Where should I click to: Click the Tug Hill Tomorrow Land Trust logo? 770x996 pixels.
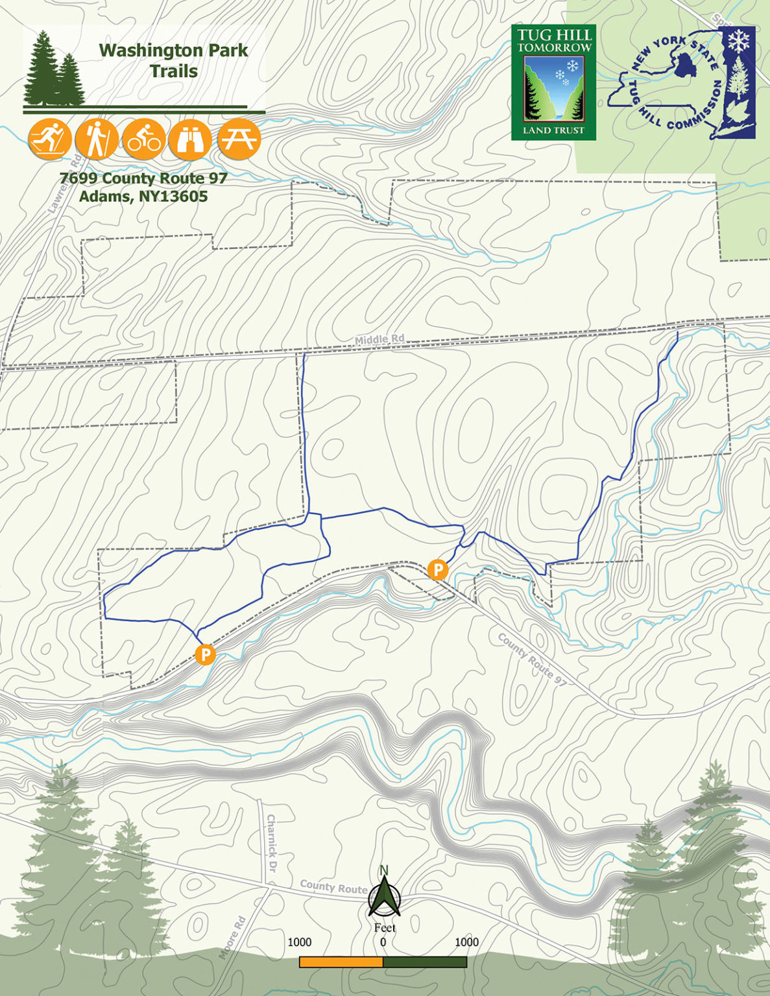click(553, 82)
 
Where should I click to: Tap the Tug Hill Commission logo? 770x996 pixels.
click(682, 82)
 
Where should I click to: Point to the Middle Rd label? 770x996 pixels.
click(379, 339)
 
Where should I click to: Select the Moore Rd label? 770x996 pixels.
click(232, 937)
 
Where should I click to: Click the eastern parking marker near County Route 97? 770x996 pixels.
click(438, 570)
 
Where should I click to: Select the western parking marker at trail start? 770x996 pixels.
click(205, 654)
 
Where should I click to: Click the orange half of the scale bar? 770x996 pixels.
click(341, 962)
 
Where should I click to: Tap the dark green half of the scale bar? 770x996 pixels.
click(425, 962)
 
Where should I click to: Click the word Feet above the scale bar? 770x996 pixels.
click(385, 927)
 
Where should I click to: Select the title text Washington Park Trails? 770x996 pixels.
click(173, 60)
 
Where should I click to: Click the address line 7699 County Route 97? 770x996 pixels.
click(143, 178)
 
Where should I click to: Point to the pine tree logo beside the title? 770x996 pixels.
click(54, 70)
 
